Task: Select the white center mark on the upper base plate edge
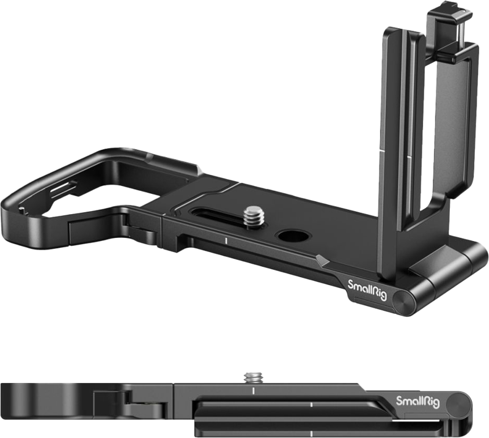226,243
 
